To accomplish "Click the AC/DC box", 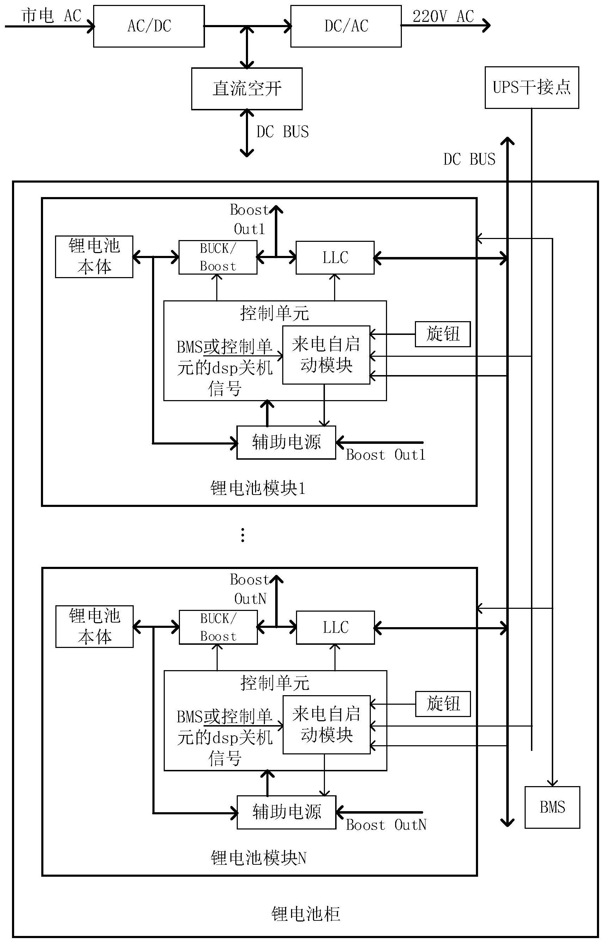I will point(149,26).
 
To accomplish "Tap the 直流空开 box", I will point(247,89).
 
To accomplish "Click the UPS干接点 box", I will point(531,87).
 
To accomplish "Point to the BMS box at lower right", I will point(552,807).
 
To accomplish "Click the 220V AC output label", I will point(443,17).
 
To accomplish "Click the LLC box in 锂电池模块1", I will point(335,258).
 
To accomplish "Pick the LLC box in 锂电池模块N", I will point(335,627).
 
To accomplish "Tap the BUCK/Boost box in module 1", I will point(218,257).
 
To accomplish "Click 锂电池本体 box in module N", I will point(95,626).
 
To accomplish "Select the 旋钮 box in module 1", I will point(442,334).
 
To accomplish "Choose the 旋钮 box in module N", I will point(443,704).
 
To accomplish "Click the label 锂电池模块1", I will point(258,488).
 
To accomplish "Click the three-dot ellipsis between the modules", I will point(243,535).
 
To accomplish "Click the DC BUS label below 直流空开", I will point(282,132).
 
